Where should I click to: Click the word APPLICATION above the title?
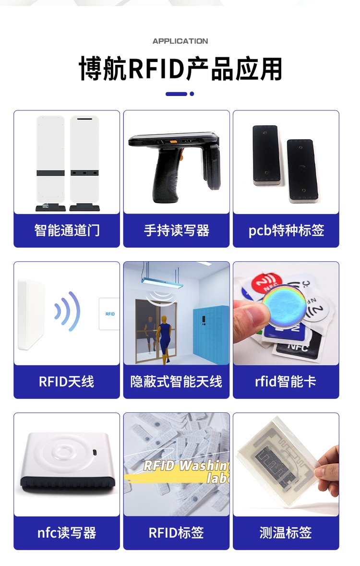point(180,41)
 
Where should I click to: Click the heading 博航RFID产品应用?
point(180,68)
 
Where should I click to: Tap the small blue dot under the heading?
point(192,94)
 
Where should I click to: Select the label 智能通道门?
point(67,230)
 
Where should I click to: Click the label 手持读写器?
point(177,230)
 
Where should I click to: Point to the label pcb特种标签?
point(286,230)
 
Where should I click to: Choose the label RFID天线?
point(66,382)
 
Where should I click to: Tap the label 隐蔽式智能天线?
point(176,382)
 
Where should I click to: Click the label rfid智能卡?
point(286,382)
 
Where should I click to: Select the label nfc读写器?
point(67,533)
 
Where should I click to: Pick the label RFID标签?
point(176,533)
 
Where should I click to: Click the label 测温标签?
point(286,533)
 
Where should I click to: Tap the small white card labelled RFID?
point(109,313)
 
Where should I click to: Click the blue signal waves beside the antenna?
point(68,311)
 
